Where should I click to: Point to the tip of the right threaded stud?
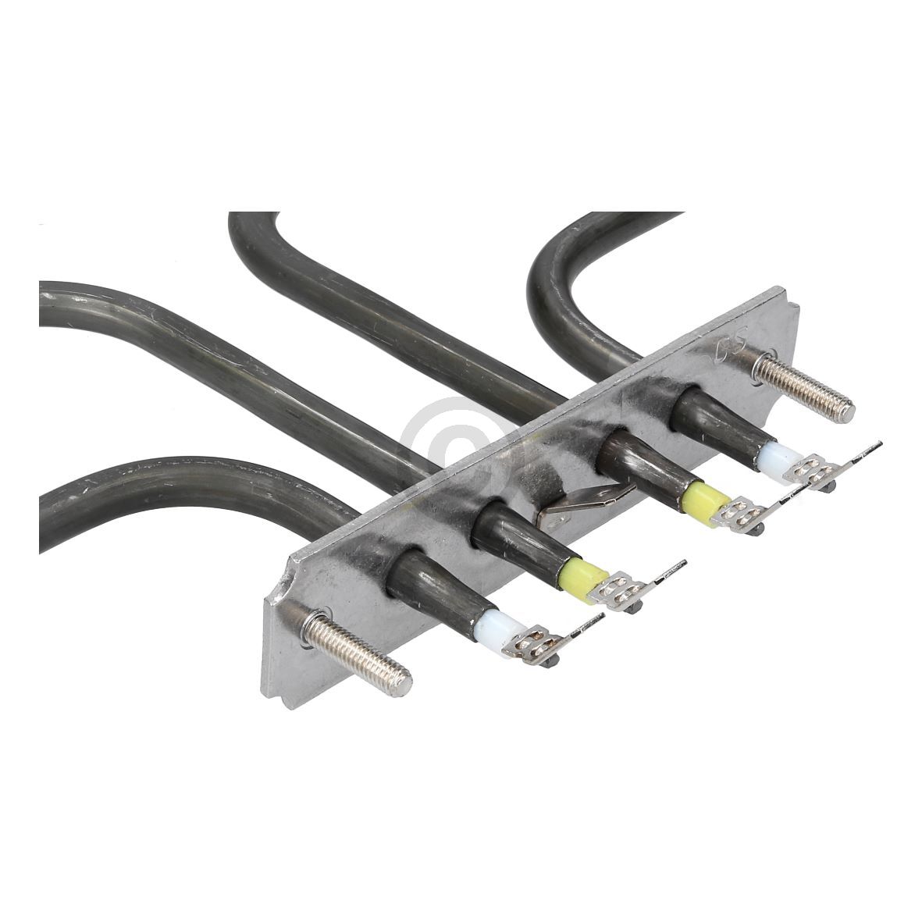click(848, 410)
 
